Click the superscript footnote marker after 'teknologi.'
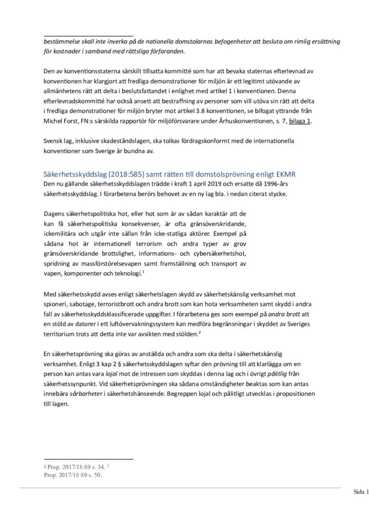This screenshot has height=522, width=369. coord(143,272)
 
